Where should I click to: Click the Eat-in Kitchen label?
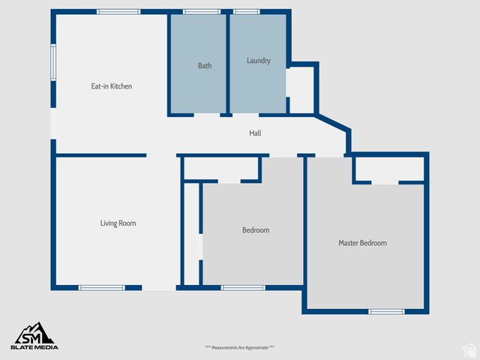point(112,86)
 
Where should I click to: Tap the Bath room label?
point(205,66)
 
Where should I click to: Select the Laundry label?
point(258,61)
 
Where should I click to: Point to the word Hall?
point(255,133)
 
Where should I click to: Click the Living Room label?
point(118,223)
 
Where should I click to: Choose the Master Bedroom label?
point(362,243)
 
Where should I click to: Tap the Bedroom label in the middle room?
point(255,230)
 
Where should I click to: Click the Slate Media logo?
point(34,335)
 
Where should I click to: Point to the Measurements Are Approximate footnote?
point(240,347)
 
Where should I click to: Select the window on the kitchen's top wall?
point(118,12)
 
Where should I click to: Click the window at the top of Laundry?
point(246,12)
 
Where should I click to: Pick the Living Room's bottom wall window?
point(102,287)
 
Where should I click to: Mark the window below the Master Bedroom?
point(386,311)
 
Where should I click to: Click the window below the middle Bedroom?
point(243,287)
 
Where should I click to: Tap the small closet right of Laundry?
point(301,89)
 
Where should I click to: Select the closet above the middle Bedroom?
point(221,169)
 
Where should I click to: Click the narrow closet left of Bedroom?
point(191,234)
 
